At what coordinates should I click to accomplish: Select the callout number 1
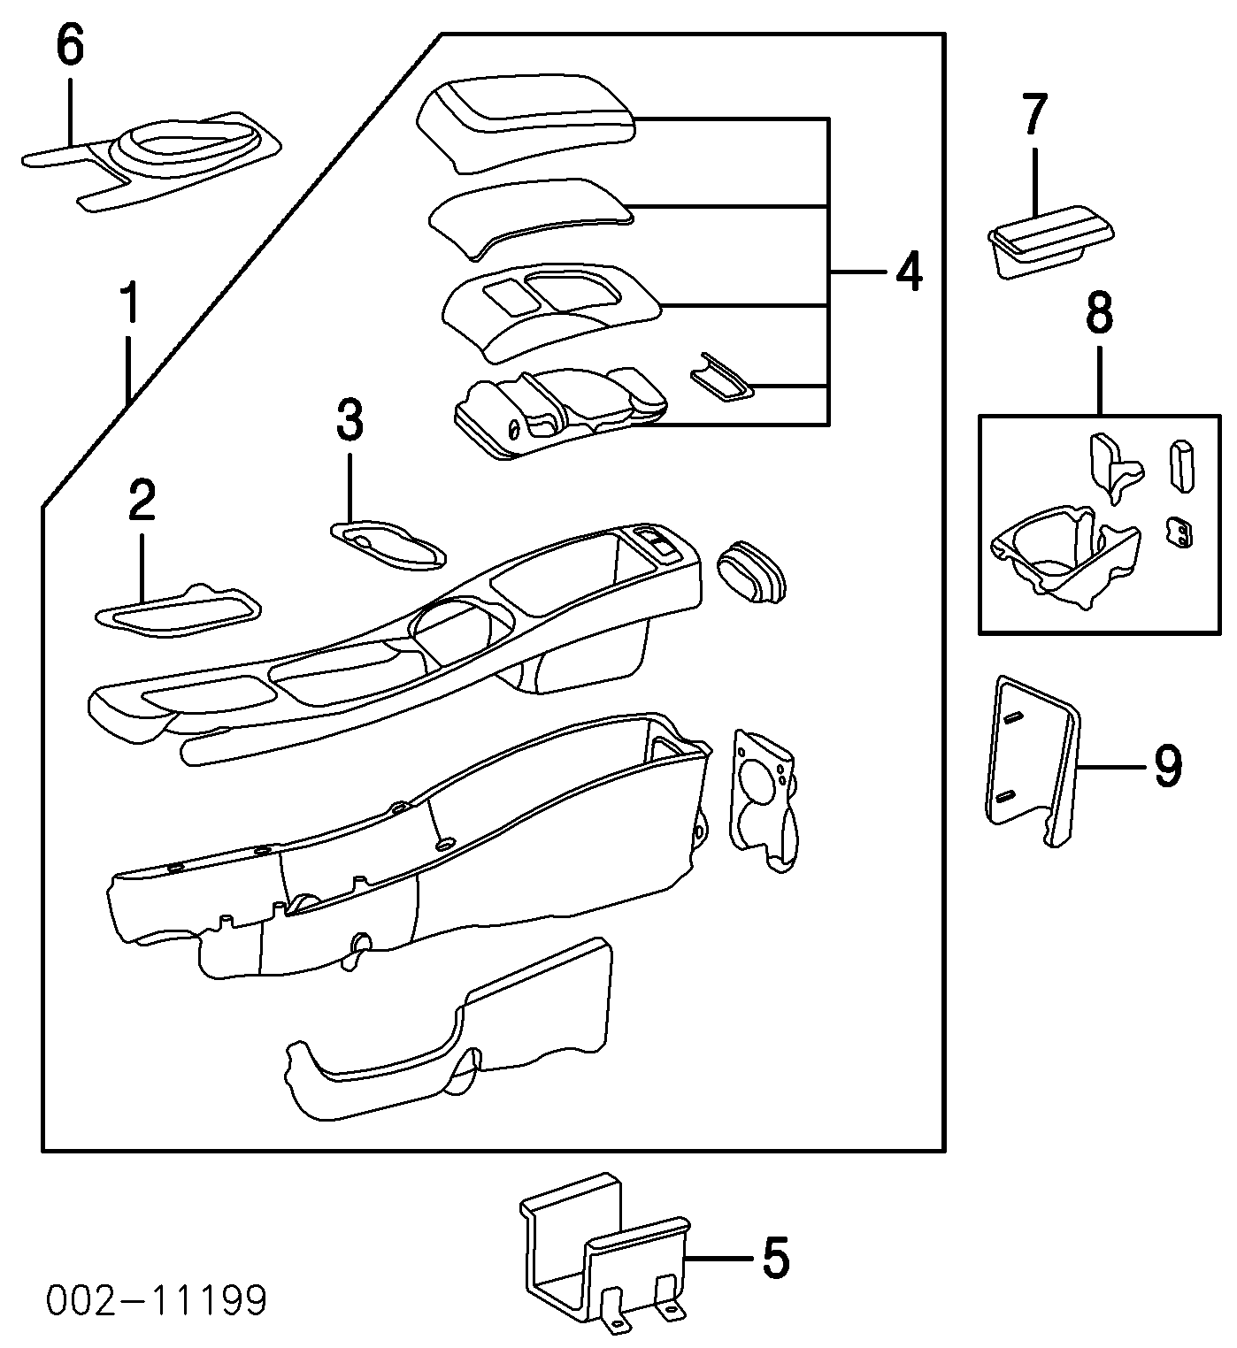click(130, 304)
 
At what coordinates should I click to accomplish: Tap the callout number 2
click(142, 502)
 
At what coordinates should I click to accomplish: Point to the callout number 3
click(350, 421)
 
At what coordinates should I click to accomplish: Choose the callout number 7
click(1034, 115)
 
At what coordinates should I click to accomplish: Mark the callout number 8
click(1099, 313)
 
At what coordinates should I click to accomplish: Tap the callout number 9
click(1167, 767)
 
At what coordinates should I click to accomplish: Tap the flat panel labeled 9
click(1032, 760)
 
